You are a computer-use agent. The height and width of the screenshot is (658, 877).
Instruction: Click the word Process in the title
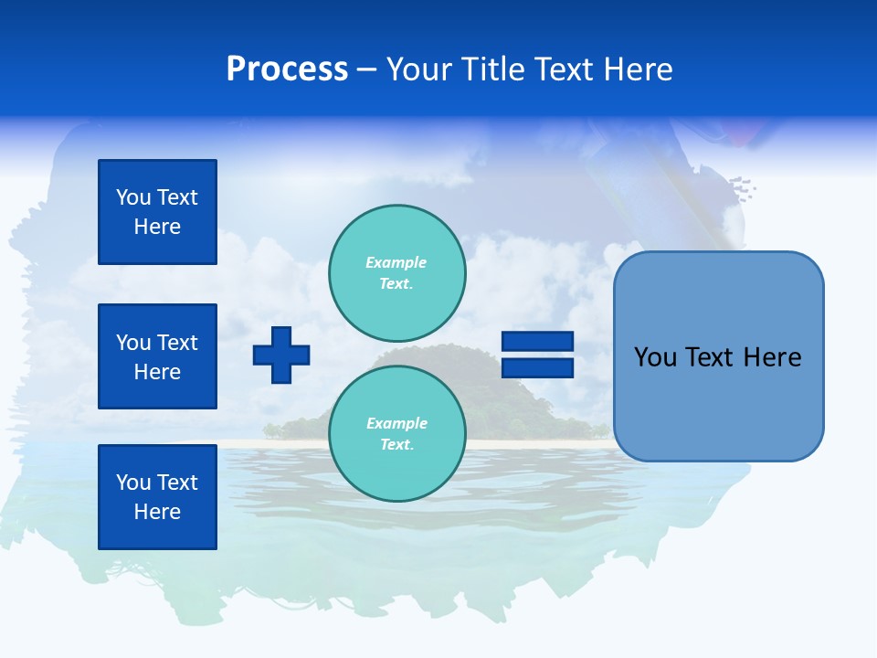[x=287, y=69]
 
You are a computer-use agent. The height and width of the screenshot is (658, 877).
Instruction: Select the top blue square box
[x=157, y=212]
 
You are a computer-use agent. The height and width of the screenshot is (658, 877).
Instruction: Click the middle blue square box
[x=157, y=356]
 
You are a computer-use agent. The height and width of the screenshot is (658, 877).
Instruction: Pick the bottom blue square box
[x=157, y=497]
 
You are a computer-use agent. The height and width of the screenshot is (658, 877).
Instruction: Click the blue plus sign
[x=281, y=355]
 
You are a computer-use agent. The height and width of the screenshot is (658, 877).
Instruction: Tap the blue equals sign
[x=537, y=355]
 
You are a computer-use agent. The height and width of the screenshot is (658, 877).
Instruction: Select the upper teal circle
[x=397, y=272]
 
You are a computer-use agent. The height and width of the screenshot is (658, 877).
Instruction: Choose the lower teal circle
[x=397, y=433]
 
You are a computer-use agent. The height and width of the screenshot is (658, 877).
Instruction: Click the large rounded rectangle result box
[x=718, y=356]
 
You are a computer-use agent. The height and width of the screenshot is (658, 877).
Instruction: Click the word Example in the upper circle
[x=396, y=262]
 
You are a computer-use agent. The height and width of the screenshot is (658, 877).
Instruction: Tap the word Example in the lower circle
[x=396, y=423]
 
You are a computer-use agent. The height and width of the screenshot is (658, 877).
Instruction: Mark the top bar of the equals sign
[x=537, y=342]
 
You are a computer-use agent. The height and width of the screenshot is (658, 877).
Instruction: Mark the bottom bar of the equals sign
[x=537, y=367]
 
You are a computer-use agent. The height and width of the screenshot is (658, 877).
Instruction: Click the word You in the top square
[x=133, y=197]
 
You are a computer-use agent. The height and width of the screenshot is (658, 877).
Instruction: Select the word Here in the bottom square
[x=157, y=512]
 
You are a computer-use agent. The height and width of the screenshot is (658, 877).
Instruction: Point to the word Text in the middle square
[x=177, y=343]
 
